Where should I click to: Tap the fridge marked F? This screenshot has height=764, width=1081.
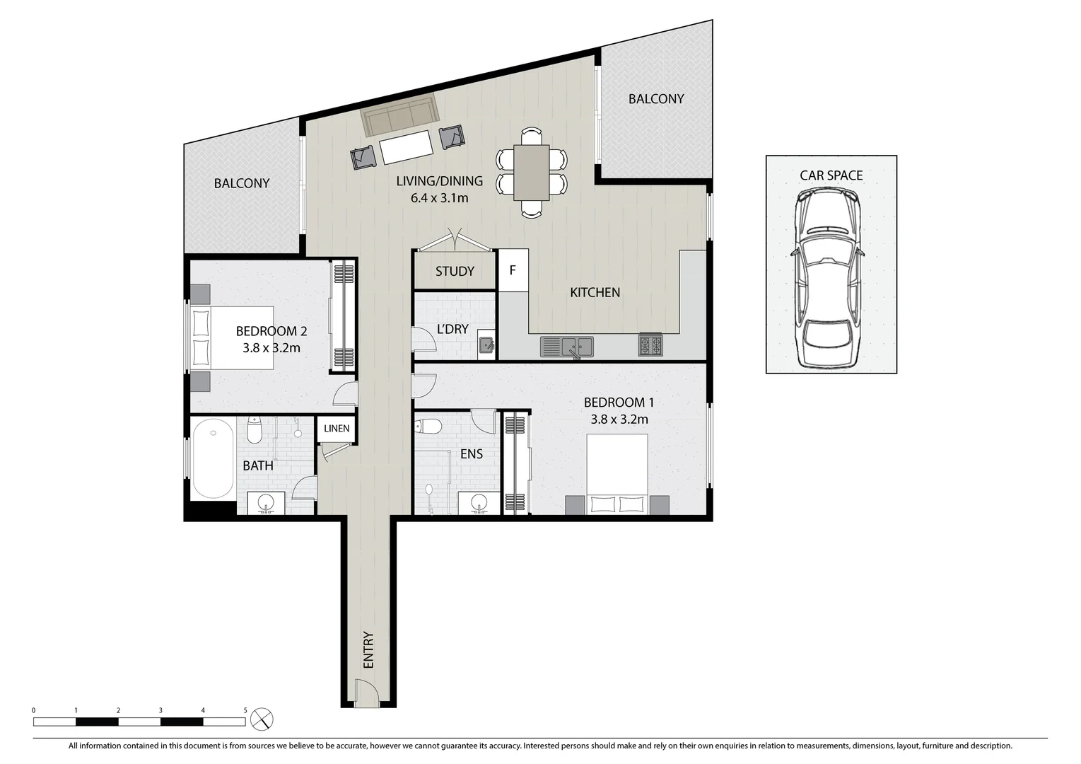click(x=513, y=270)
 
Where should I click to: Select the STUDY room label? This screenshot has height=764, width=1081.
click(x=455, y=272)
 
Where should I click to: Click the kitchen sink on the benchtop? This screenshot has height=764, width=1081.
click(x=567, y=347)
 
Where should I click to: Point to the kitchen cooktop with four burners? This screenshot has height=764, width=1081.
click(x=650, y=345)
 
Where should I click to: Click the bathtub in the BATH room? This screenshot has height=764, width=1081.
click(x=214, y=458)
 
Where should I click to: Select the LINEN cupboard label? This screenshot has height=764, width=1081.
click(x=337, y=429)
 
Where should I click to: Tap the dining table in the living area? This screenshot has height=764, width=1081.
click(x=532, y=172)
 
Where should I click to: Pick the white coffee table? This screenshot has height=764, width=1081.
click(x=406, y=147)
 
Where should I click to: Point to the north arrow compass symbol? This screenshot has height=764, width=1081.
click(x=262, y=719)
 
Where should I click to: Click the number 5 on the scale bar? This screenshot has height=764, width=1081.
click(x=245, y=710)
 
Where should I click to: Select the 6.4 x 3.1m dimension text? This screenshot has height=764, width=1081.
click(x=439, y=198)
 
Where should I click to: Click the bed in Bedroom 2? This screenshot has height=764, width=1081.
click(x=233, y=337)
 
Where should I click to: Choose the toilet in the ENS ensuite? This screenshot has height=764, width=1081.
click(x=428, y=427)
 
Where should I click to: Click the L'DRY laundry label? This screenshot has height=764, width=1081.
click(x=452, y=329)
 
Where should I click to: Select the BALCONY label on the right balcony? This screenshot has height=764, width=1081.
click(x=655, y=99)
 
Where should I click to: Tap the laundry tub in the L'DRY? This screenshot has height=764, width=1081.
click(x=486, y=345)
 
